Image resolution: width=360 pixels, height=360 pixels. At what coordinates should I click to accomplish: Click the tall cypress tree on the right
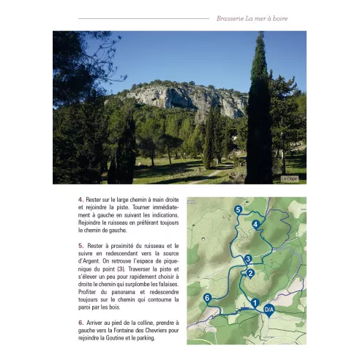[x=259, y=117]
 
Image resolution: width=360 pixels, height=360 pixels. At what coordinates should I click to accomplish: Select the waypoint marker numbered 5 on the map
[x=238, y=209]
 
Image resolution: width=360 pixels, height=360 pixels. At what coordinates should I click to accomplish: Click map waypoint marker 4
[x=255, y=223]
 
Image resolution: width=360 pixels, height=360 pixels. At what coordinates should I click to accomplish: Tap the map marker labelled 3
[x=248, y=258]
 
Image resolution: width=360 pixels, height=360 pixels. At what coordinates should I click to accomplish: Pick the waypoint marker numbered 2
[x=250, y=273]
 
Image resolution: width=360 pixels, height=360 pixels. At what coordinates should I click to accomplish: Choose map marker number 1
[x=255, y=301]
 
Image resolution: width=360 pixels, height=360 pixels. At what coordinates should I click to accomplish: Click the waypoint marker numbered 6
[x=207, y=297]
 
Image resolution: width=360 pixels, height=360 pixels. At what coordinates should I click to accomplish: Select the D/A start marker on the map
[x=269, y=310]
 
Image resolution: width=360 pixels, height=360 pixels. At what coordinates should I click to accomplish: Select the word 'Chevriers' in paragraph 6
[x=149, y=330]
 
